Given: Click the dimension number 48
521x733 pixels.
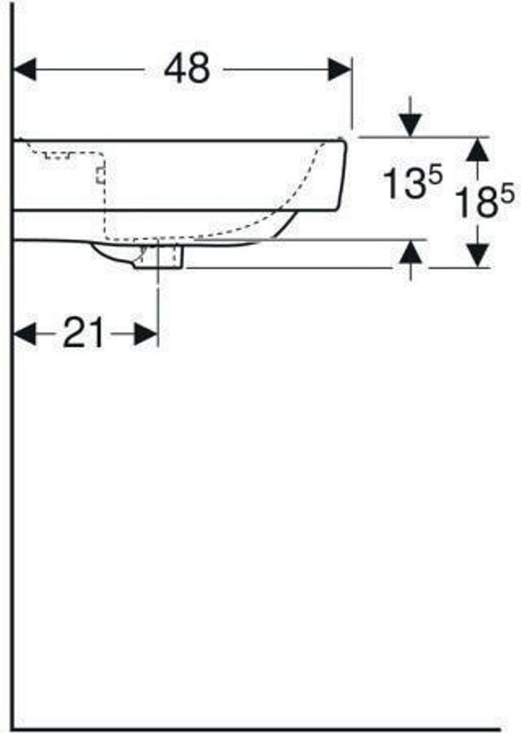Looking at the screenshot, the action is click(x=187, y=68).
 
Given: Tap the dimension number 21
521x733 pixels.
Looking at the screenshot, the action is click(x=84, y=332).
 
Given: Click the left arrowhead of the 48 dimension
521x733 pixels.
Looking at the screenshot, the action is click(x=25, y=69).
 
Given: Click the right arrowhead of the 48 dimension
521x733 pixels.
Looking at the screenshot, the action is click(x=340, y=69).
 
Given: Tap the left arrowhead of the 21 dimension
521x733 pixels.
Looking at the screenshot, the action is click(x=25, y=334).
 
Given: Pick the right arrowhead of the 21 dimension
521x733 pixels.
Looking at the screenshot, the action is click(x=146, y=334).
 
